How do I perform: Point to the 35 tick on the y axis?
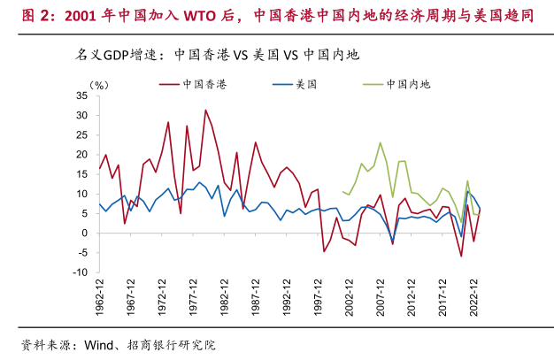click(x=82, y=96)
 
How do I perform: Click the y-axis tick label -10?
click(x=81, y=272)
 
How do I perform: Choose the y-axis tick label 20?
click(x=82, y=155)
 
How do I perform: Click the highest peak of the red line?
click(x=205, y=111)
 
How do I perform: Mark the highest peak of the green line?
click(x=381, y=142)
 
